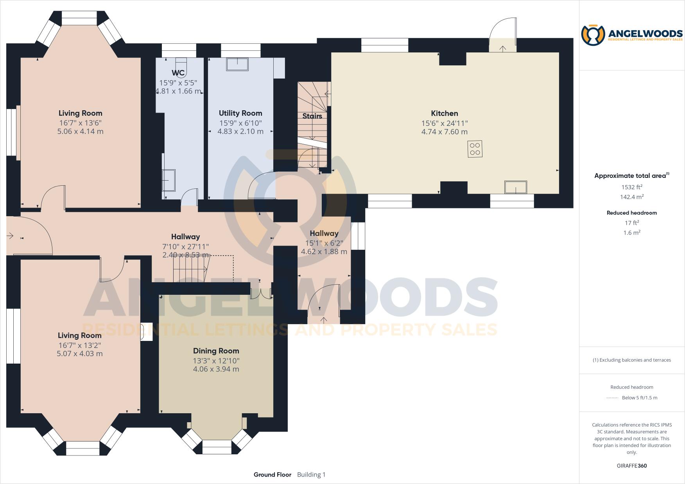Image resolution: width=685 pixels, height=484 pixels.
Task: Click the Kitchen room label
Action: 444,113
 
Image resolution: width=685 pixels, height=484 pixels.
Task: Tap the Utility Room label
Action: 240,113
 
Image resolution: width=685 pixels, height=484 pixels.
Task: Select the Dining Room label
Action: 216,351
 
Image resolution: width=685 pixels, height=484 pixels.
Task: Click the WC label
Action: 178,73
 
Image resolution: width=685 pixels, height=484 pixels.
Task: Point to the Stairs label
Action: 312,116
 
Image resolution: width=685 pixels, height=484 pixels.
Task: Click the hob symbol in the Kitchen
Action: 475,149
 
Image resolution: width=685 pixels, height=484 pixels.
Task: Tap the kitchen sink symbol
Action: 515,187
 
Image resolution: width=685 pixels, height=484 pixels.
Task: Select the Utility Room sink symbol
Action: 237,64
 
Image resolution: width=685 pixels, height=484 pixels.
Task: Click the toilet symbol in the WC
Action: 181,67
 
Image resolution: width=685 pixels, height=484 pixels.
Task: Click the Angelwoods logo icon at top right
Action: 593,35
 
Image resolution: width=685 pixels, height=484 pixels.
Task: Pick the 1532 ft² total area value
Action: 632,187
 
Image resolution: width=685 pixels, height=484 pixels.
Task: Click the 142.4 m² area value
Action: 632,197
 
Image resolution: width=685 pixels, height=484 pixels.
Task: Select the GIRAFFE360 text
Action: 632,466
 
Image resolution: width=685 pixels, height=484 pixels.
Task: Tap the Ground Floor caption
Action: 273,475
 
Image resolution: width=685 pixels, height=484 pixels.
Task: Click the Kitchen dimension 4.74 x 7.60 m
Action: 444,132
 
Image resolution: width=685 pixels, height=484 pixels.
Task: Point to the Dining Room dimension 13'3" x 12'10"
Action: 216,361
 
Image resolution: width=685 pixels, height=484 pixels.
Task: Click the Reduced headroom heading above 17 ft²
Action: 632,213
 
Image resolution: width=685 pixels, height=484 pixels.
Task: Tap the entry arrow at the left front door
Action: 10,236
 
